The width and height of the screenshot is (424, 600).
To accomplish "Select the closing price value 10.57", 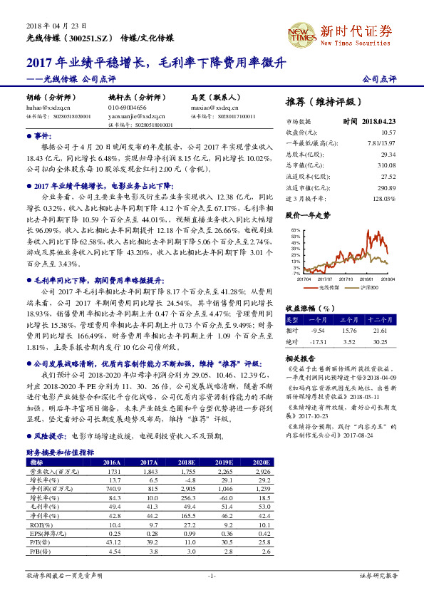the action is coord(388,133).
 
